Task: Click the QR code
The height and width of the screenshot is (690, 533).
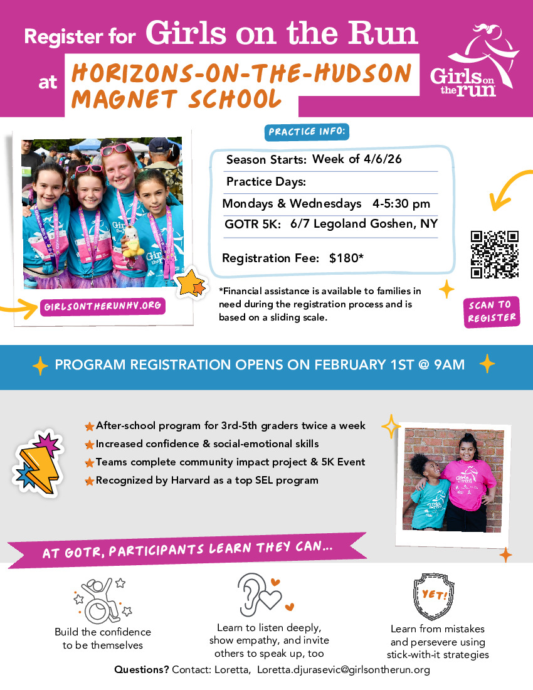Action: [x=495, y=254]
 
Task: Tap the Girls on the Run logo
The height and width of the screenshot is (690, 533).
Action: [x=474, y=60]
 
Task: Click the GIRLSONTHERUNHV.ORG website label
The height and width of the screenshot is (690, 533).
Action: [x=103, y=307]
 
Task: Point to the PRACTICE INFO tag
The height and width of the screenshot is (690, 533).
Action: [x=307, y=132]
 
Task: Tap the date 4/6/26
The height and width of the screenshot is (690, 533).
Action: [x=383, y=159]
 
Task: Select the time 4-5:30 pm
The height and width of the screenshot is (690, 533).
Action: [x=401, y=204]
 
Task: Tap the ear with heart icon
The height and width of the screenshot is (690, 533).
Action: [x=260, y=594]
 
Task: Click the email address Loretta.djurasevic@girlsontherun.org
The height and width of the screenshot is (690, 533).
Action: [x=343, y=670]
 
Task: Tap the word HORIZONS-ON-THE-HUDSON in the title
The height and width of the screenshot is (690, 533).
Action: [x=241, y=74]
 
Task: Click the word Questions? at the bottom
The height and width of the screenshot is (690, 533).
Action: [x=141, y=670]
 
